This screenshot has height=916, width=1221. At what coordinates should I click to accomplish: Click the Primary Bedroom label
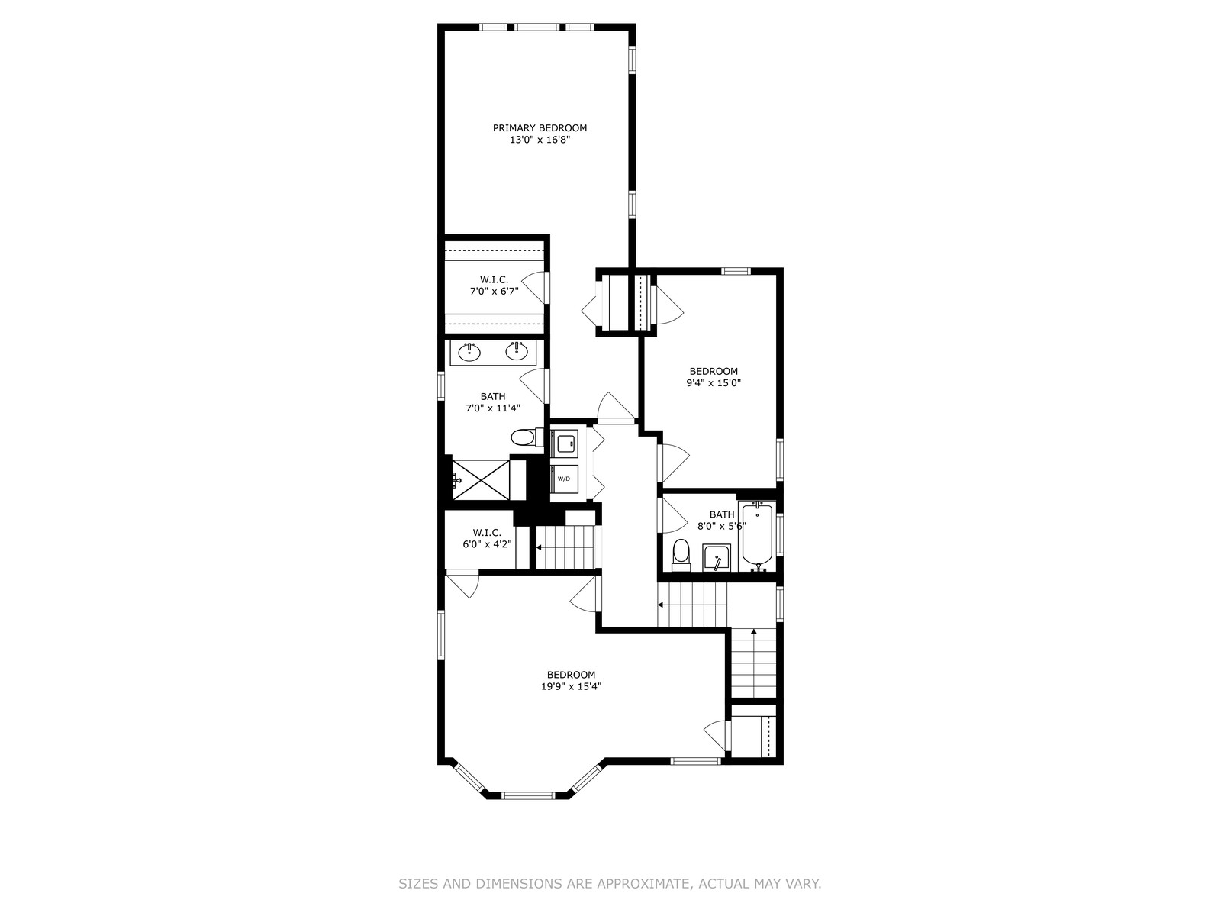coord(540,128)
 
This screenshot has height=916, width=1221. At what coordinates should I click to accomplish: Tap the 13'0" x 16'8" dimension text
coord(540,140)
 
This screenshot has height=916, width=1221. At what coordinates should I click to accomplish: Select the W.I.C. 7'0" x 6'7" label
coord(494,285)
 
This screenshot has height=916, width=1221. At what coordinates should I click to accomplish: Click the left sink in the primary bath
coord(469,352)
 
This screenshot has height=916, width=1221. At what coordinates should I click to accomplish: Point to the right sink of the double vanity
coord(517,351)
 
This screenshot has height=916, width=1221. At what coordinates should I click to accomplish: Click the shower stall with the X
coord(482,479)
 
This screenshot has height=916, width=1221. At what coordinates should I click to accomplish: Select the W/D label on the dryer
coord(564,479)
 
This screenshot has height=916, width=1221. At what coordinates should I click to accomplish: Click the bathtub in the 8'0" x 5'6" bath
coord(757,535)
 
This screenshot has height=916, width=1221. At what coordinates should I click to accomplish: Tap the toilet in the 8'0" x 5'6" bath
coord(680,555)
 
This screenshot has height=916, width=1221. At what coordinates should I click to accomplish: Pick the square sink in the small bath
coord(717,557)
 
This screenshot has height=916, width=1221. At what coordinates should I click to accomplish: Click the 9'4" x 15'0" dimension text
coord(714,383)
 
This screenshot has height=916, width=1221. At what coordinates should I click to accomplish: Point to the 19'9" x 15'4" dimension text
coord(572,686)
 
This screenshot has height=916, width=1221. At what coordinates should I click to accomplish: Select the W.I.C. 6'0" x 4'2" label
coord(488,538)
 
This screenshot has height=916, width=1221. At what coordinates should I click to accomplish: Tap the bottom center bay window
coord(528,795)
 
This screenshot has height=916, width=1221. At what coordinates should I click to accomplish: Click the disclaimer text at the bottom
coord(610,884)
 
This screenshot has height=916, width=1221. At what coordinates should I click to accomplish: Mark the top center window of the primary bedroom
coord(536,27)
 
